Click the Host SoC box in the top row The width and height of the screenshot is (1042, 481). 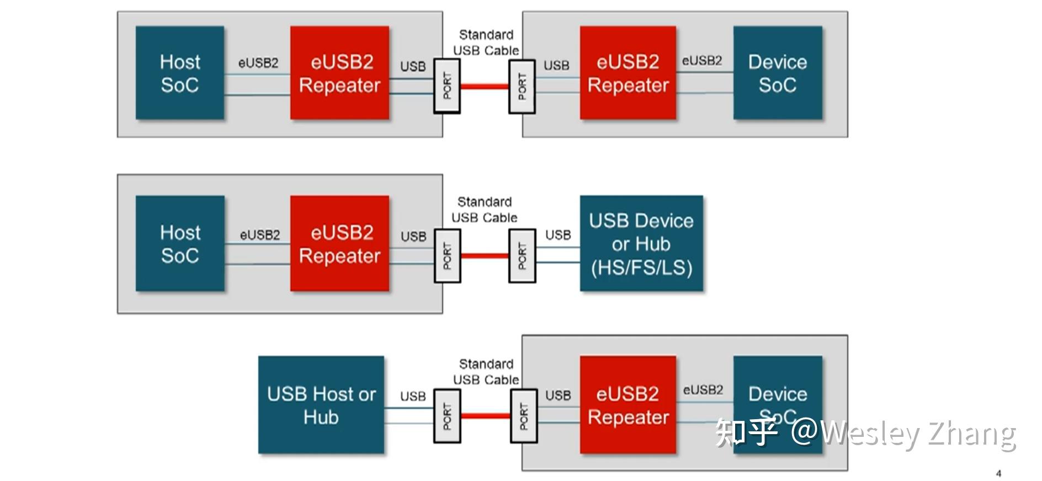(180, 73)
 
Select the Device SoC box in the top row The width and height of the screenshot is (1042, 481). (777, 73)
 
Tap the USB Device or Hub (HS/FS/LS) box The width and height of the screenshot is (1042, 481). (641, 243)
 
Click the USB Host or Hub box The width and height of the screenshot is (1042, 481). (321, 405)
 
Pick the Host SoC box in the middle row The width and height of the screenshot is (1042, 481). (180, 243)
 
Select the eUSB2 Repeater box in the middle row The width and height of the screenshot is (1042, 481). (339, 243)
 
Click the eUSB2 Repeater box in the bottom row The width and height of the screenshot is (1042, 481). (628, 405)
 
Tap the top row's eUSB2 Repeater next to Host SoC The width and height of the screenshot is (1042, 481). (339, 73)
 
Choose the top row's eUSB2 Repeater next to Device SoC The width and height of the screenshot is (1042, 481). (628, 73)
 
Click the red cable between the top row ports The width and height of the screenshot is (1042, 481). (484, 86)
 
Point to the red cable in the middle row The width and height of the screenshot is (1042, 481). (484, 255)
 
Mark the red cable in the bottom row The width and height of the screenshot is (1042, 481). (485, 415)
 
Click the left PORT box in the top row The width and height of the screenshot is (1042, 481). (446, 86)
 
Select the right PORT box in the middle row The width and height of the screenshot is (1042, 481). (522, 256)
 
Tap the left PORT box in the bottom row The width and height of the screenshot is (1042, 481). (446, 416)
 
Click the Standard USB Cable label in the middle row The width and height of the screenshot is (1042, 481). (484, 210)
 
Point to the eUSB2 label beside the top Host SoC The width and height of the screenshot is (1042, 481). (258, 63)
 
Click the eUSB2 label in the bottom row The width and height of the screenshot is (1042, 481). (703, 390)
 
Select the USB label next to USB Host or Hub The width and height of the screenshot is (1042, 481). (413, 396)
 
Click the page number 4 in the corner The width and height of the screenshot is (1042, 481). (998, 473)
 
